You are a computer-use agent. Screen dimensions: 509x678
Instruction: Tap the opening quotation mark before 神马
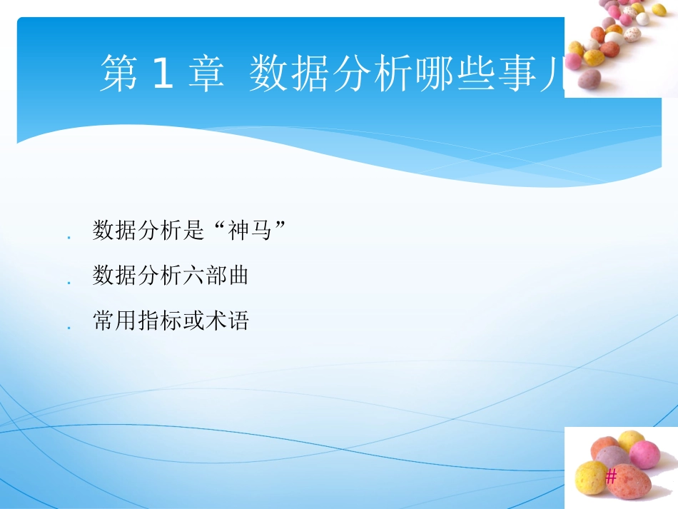pos(218,227)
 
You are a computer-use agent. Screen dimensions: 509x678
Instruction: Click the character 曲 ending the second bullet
pos(239,276)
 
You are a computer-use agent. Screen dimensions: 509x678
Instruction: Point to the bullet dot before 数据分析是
pos(69,237)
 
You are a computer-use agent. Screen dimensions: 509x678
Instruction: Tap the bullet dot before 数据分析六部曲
pos(69,283)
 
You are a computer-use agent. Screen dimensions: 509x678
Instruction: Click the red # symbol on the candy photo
pos(611,478)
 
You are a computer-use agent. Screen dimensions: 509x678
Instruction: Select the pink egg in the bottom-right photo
pos(644,454)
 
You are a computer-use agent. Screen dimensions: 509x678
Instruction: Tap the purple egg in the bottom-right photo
pos(612,457)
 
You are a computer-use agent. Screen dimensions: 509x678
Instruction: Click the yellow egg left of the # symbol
pos(591,478)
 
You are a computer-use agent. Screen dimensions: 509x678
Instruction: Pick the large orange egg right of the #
pos(630,482)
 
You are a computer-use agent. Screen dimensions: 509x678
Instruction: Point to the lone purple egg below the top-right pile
pos(585,81)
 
